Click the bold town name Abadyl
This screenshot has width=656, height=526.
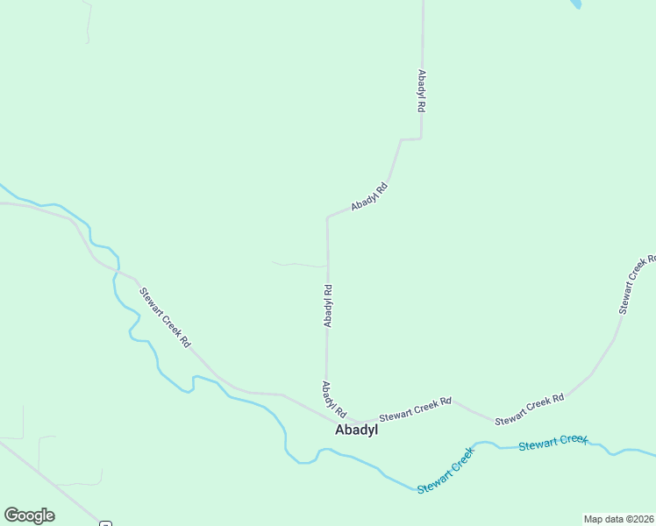pyautogui.click(x=356, y=430)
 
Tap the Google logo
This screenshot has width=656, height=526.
pyautogui.click(x=29, y=515)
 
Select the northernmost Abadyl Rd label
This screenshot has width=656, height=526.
pyautogui.click(x=422, y=90)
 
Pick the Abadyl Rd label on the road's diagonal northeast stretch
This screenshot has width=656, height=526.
pyautogui.click(x=369, y=195)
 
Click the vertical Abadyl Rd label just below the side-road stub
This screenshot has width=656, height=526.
pyautogui.click(x=327, y=306)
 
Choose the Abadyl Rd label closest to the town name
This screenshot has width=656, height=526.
pyautogui.click(x=334, y=399)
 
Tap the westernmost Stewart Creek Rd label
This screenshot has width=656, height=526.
pyautogui.click(x=164, y=317)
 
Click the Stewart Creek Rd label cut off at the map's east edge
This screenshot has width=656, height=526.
pyautogui.click(x=638, y=285)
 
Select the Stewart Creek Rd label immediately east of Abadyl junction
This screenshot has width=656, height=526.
pyautogui.click(x=415, y=408)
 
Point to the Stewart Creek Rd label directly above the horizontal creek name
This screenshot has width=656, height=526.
pyautogui.click(x=529, y=410)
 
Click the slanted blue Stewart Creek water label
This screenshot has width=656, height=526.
pyautogui.click(x=446, y=471)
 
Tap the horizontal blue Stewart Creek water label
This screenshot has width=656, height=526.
pyautogui.click(x=553, y=444)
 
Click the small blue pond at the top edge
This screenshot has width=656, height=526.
pyautogui.click(x=575, y=4)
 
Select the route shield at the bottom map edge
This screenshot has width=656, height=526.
pyautogui.click(x=106, y=523)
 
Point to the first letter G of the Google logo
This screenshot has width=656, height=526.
pyautogui.click(x=11, y=515)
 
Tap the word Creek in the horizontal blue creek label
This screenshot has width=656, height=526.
pyautogui.click(x=571, y=441)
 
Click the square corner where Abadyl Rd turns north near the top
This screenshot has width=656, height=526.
pyautogui.click(x=421, y=139)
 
